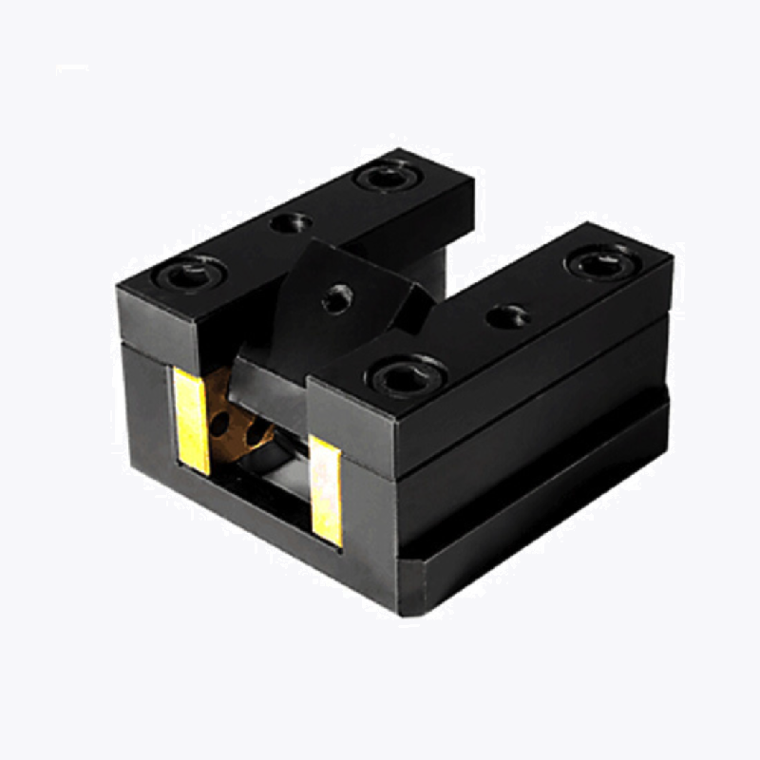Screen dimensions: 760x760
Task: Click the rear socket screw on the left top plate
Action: (386, 175)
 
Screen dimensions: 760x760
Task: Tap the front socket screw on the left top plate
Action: (190, 275)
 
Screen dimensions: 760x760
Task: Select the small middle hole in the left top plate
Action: (290, 224)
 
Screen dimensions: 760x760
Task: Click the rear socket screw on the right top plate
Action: (598, 261)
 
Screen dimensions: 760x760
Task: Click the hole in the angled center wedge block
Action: (336, 299)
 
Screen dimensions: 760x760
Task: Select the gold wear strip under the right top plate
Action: (326, 489)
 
